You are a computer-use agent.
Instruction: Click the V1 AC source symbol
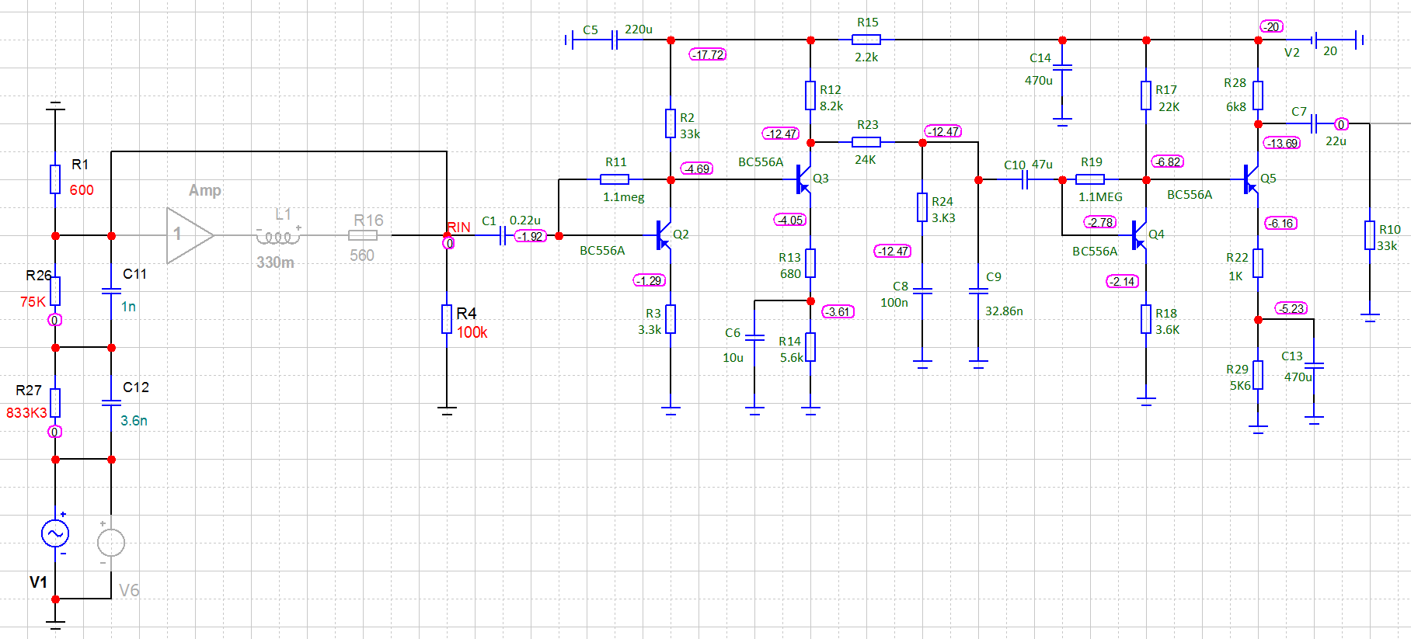55,533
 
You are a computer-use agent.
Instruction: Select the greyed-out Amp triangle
189,234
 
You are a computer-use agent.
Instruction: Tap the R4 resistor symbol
447,319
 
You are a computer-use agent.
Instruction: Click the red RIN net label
458,227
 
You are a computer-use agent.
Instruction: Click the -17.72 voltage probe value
708,54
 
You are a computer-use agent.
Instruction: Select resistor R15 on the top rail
866,40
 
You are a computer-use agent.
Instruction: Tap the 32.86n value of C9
1004,311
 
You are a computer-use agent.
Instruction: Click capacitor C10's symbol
1025,180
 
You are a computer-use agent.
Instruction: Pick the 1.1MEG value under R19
1100,197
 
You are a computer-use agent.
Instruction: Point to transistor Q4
1139,234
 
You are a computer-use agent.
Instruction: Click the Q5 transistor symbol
1251,179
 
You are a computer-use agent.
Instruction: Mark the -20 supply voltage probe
1271,26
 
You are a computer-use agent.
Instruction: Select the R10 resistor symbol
1370,235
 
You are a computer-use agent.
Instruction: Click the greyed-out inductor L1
277,235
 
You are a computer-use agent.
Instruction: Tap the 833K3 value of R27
26,412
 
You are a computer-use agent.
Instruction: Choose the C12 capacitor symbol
111,403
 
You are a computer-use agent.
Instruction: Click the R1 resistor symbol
55,179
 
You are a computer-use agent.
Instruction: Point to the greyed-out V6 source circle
111,542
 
